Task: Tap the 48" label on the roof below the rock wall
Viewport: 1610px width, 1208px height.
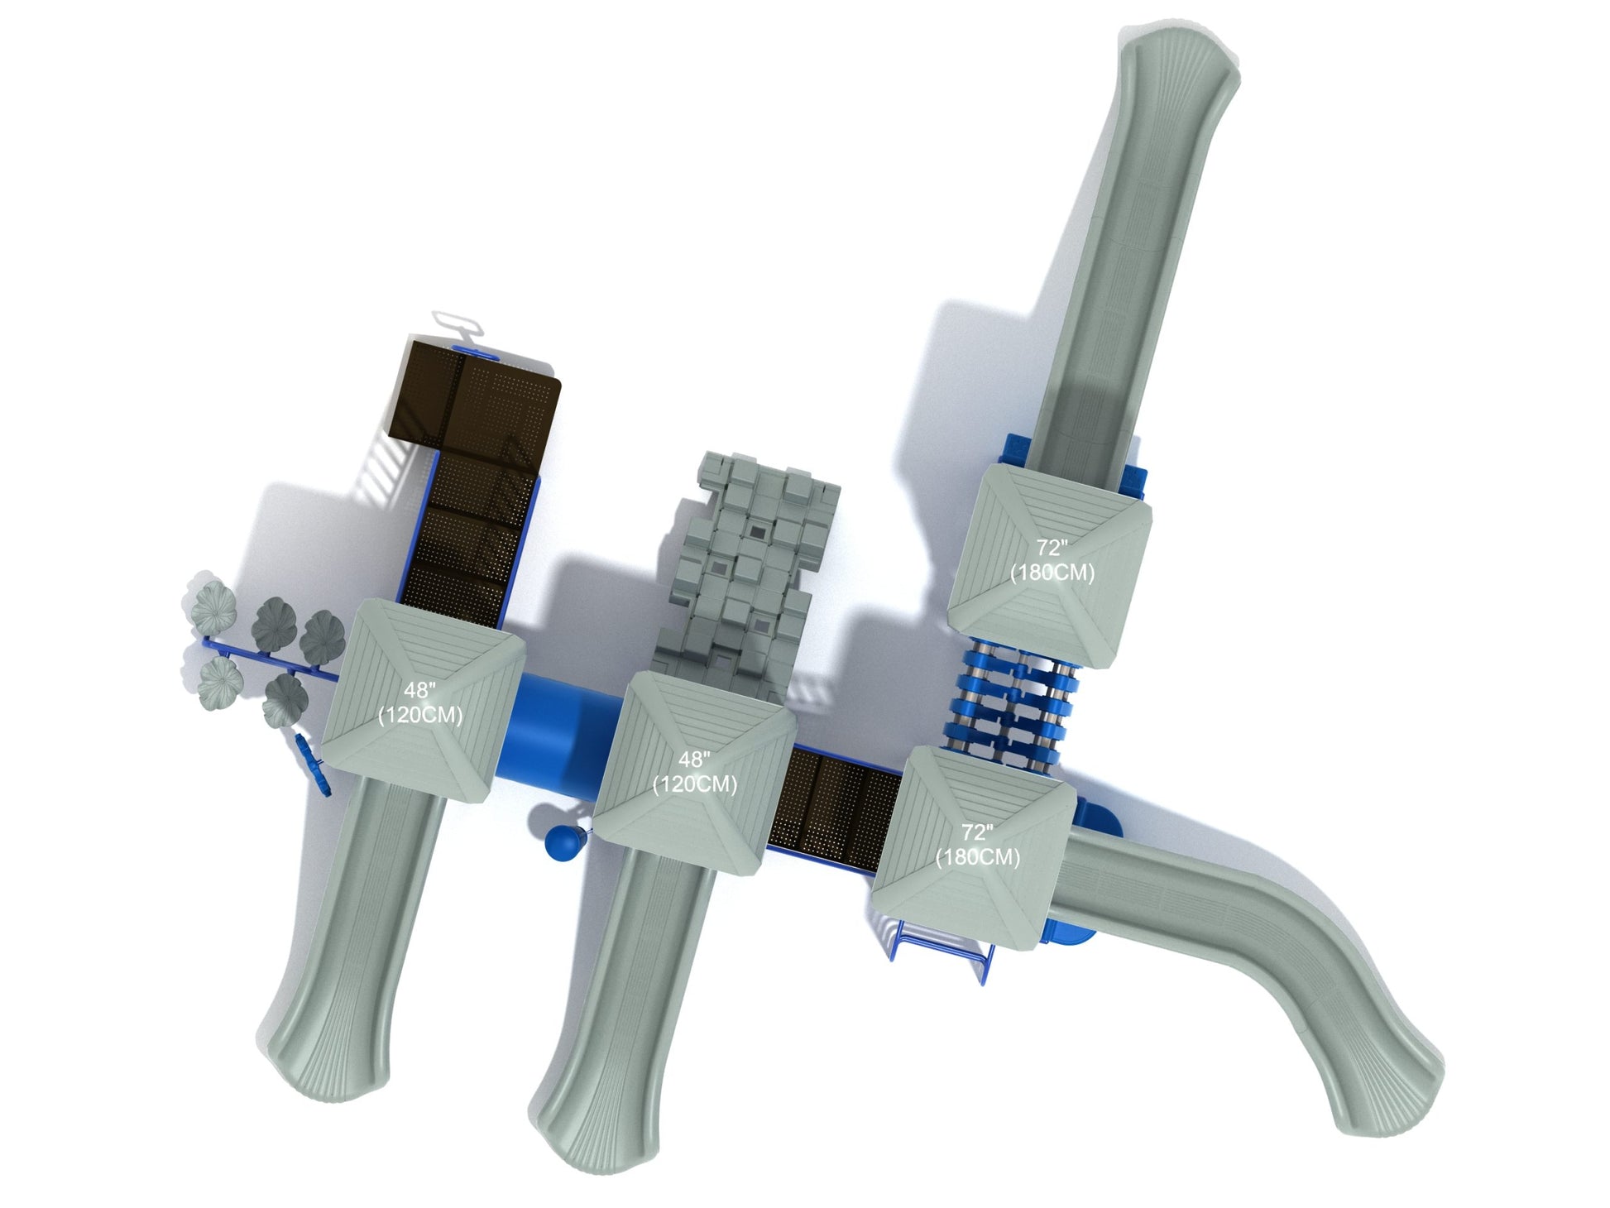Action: (695, 759)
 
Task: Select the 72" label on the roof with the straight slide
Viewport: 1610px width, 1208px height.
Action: (1052, 548)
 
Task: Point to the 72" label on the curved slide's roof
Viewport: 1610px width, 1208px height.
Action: (977, 832)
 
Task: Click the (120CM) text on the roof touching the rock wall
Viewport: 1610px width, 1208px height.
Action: (695, 784)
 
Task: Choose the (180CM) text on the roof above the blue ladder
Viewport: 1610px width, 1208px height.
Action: (977, 857)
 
